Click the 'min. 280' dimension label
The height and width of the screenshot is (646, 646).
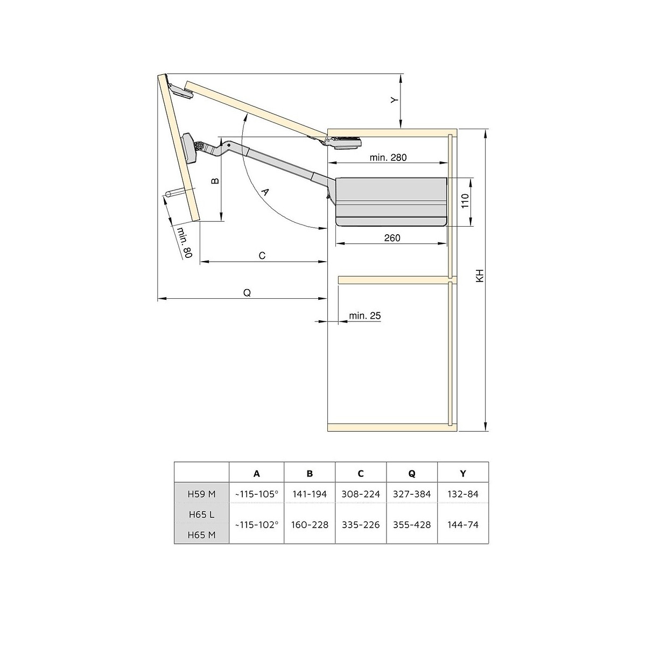click(x=388, y=157)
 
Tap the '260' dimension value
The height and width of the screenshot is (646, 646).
click(x=392, y=238)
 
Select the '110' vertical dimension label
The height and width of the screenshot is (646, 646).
click(x=465, y=201)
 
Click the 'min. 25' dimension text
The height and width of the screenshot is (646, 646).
click(x=365, y=315)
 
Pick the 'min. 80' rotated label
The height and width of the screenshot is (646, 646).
click(x=184, y=242)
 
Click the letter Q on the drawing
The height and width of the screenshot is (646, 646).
click(x=247, y=293)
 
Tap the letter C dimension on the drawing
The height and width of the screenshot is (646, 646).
click(x=262, y=256)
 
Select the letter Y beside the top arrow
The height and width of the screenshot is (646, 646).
click(x=395, y=100)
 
